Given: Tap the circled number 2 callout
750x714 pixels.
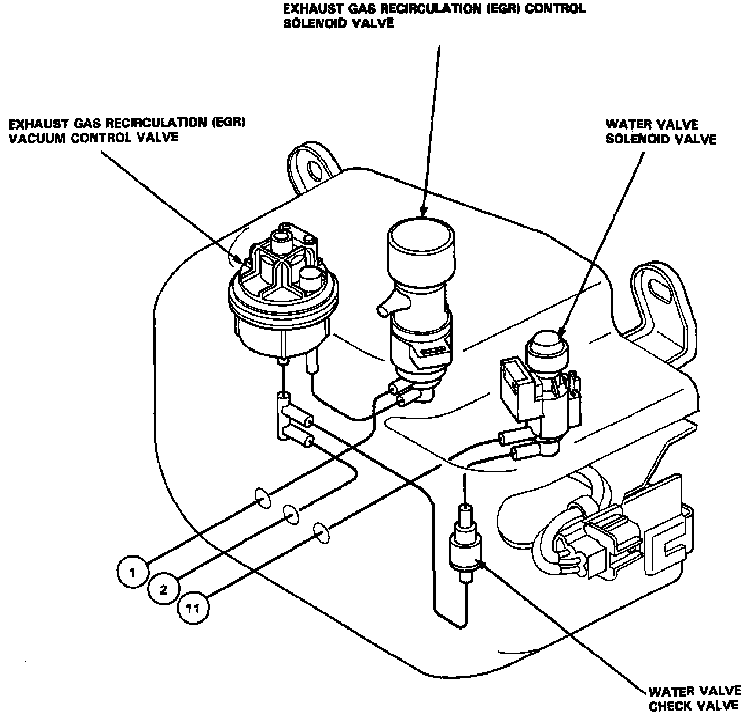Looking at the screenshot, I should (x=163, y=590).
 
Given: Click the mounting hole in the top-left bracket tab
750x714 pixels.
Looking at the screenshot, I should (x=316, y=170).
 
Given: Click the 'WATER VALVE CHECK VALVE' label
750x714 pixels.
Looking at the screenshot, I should (x=693, y=698).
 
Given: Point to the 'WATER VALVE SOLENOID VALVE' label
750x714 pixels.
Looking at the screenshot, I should (x=660, y=131).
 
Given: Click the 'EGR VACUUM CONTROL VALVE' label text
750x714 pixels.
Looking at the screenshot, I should (x=94, y=130).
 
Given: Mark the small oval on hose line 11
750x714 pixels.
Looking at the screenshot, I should (x=321, y=531).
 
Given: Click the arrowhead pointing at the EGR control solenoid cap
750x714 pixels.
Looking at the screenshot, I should (x=424, y=212).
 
